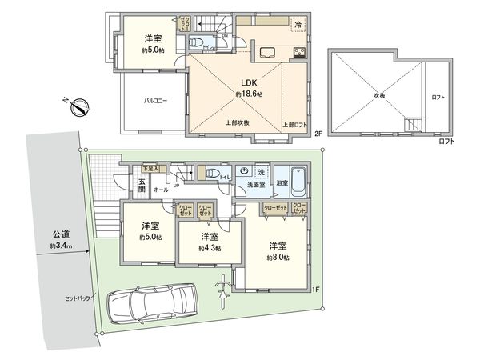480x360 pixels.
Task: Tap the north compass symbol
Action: (x=77, y=106)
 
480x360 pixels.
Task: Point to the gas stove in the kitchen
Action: (x=299, y=54)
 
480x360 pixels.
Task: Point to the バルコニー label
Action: (x=155, y=102)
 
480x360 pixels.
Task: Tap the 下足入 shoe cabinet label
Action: (x=150, y=169)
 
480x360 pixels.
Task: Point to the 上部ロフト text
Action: (x=295, y=125)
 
